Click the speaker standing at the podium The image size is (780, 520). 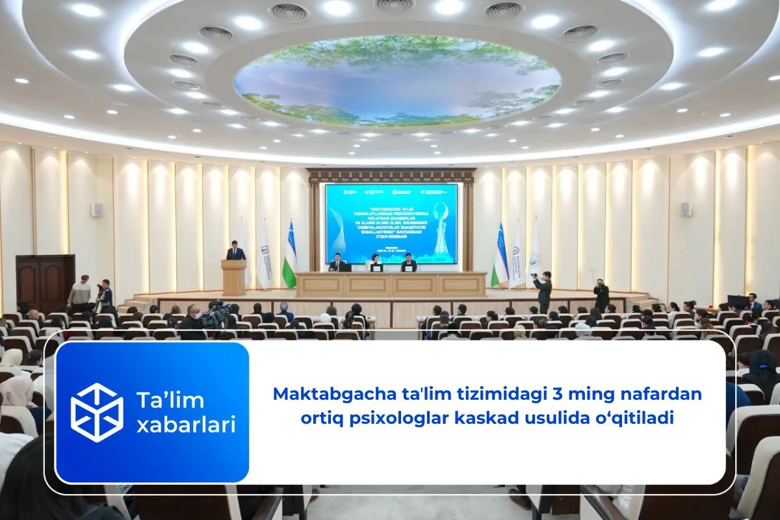(x=235, y=251)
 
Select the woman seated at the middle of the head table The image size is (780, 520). (x=375, y=263)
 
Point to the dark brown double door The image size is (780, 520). (x=45, y=283)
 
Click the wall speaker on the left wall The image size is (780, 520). (x=96, y=210)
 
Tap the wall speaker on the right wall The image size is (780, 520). (x=686, y=209)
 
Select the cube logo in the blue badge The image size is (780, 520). (x=97, y=412)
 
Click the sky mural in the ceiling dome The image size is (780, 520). (x=396, y=80)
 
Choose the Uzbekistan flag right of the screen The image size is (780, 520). (x=500, y=255)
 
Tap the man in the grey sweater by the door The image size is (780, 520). (x=79, y=294)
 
